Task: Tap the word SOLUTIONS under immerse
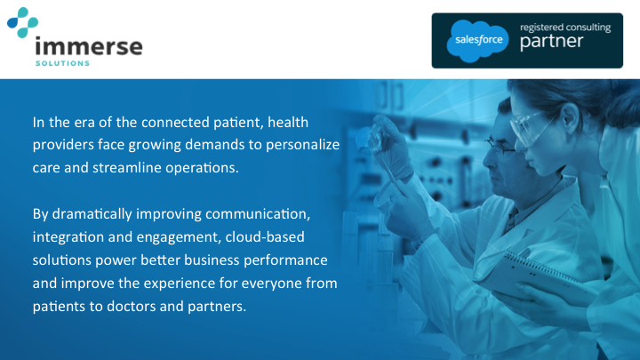[x=61, y=64]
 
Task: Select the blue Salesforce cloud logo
[x=479, y=41]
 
